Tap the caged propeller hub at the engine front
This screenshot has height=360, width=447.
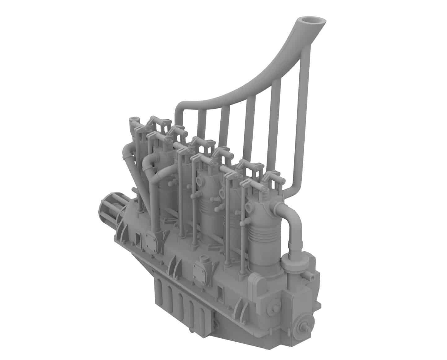click(x=108, y=210)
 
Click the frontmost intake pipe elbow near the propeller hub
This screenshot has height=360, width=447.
click(x=127, y=152)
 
